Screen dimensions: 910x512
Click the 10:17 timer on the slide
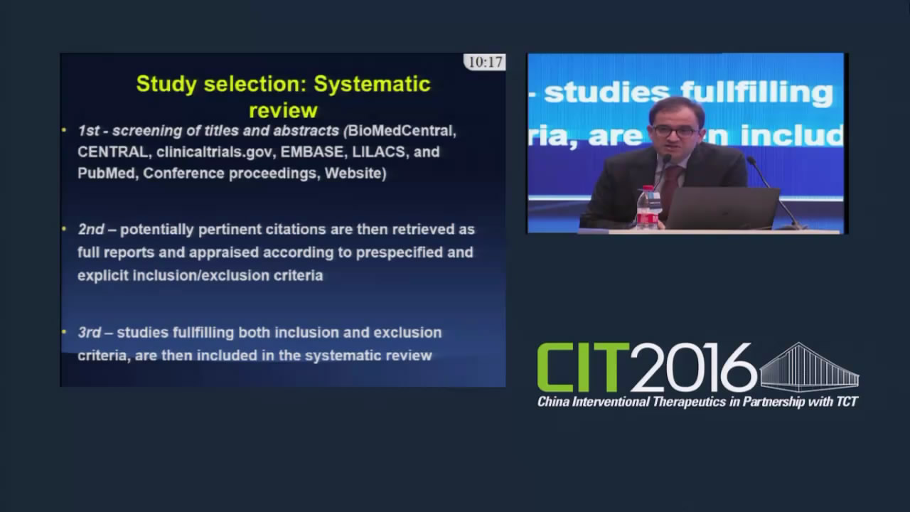click(x=485, y=62)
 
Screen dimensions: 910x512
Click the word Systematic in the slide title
click(x=372, y=84)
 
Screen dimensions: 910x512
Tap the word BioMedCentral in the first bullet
click(x=402, y=131)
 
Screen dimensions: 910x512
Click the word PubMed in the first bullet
click(x=106, y=174)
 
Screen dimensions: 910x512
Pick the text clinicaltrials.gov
click(x=214, y=152)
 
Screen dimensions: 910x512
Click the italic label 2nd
click(x=91, y=230)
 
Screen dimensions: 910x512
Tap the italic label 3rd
click(x=90, y=333)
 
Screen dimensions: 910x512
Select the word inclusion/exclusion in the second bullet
click(x=201, y=276)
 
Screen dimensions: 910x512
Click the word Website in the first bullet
click(x=353, y=174)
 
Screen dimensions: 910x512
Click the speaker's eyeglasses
click(x=675, y=132)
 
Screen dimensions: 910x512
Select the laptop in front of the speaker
click(x=723, y=208)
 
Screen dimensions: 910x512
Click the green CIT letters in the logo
click(x=583, y=367)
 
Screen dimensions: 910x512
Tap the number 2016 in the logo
click(x=694, y=368)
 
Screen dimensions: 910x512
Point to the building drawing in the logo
click(x=809, y=367)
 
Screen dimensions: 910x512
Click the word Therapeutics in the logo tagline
click(x=689, y=402)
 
